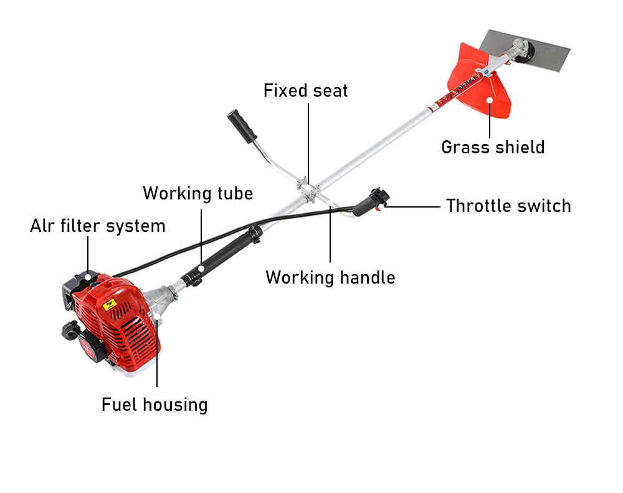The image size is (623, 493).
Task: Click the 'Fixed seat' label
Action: [305, 90]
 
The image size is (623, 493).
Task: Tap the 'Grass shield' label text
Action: [493, 147]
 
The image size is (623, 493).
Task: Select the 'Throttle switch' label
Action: [508, 206]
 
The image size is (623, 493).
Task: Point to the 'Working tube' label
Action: [197, 193]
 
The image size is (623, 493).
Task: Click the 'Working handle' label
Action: [330, 277]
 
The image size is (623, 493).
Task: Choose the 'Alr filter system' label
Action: [98, 226]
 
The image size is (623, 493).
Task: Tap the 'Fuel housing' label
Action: [155, 404]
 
